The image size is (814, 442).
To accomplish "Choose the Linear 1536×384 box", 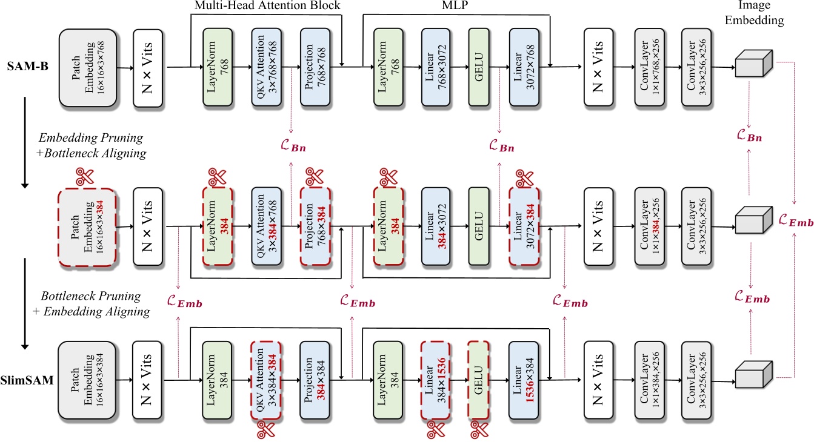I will tap(525, 380).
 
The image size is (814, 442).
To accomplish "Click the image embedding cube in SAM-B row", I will tap(751, 63).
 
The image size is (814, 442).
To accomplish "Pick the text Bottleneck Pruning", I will tap(90, 297).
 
